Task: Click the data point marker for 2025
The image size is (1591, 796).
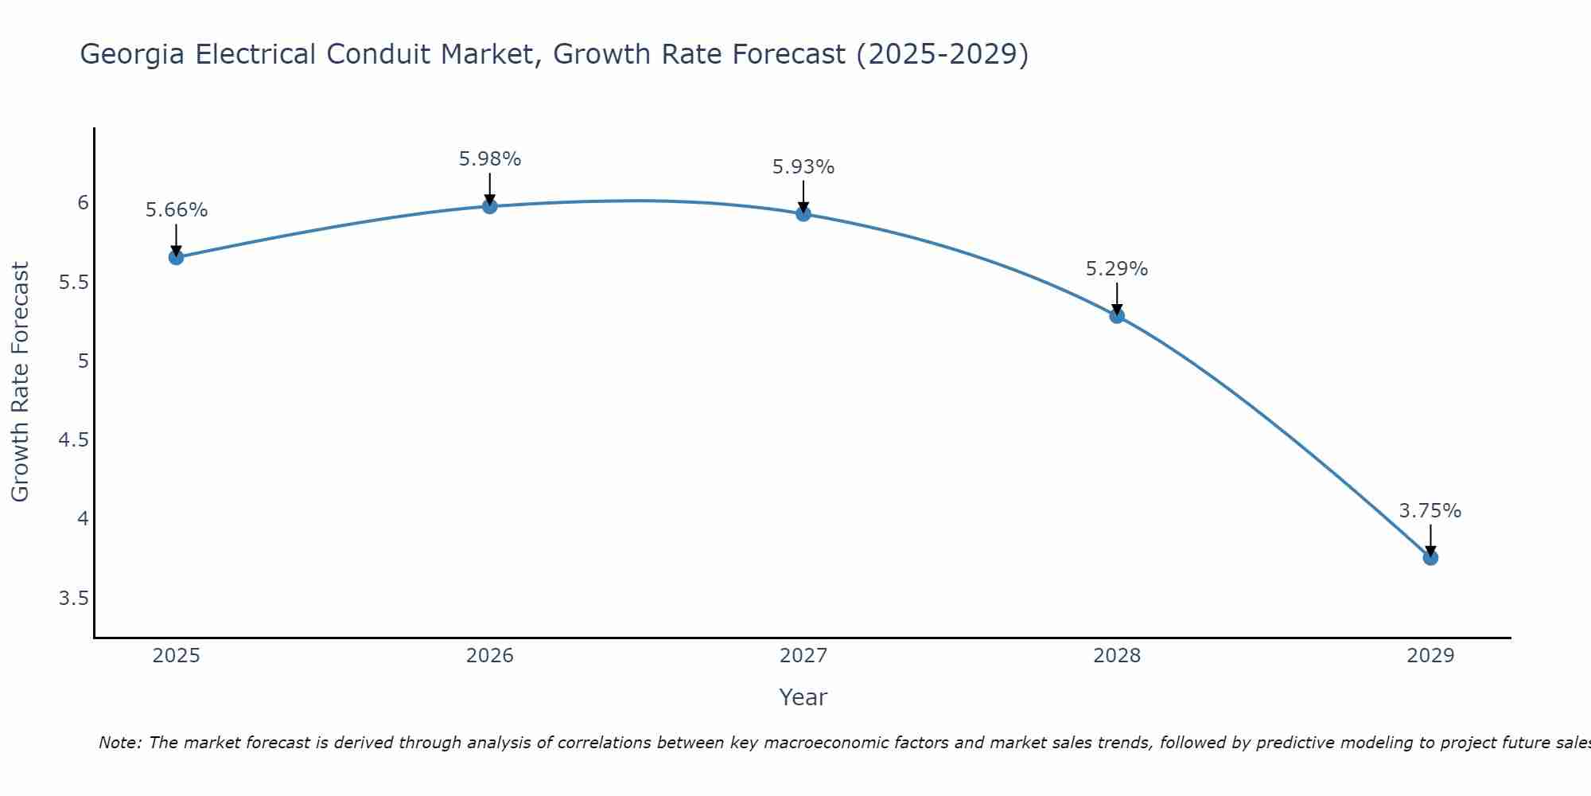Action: pos(177,257)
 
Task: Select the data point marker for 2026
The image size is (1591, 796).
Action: pos(490,206)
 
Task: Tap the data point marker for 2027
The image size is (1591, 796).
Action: pos(803,213)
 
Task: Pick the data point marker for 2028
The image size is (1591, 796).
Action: pos(1117,316)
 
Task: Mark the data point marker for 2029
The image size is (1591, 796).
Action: pos(1430,558)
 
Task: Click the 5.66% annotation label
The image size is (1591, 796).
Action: pos(177,210)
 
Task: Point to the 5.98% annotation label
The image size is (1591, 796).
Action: pos(490,159)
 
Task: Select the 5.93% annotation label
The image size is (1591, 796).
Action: pos(803,167)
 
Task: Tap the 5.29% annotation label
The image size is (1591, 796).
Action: pos(1117,269)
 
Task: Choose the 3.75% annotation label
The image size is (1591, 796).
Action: pos(1430,511)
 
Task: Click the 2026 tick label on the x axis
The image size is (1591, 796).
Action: pos(490,656)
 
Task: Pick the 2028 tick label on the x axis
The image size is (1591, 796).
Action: pos(1117,656)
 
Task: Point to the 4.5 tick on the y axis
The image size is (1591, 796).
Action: pos(73,440)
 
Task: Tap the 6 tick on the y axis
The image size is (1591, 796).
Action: pos(83,203)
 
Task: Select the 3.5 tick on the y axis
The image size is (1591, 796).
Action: pos(73,599)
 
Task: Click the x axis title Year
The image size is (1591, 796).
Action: pos(803,697)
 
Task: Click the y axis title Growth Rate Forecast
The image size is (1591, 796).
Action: pos(20,382)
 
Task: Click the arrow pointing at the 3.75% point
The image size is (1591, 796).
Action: pos(1430,540)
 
